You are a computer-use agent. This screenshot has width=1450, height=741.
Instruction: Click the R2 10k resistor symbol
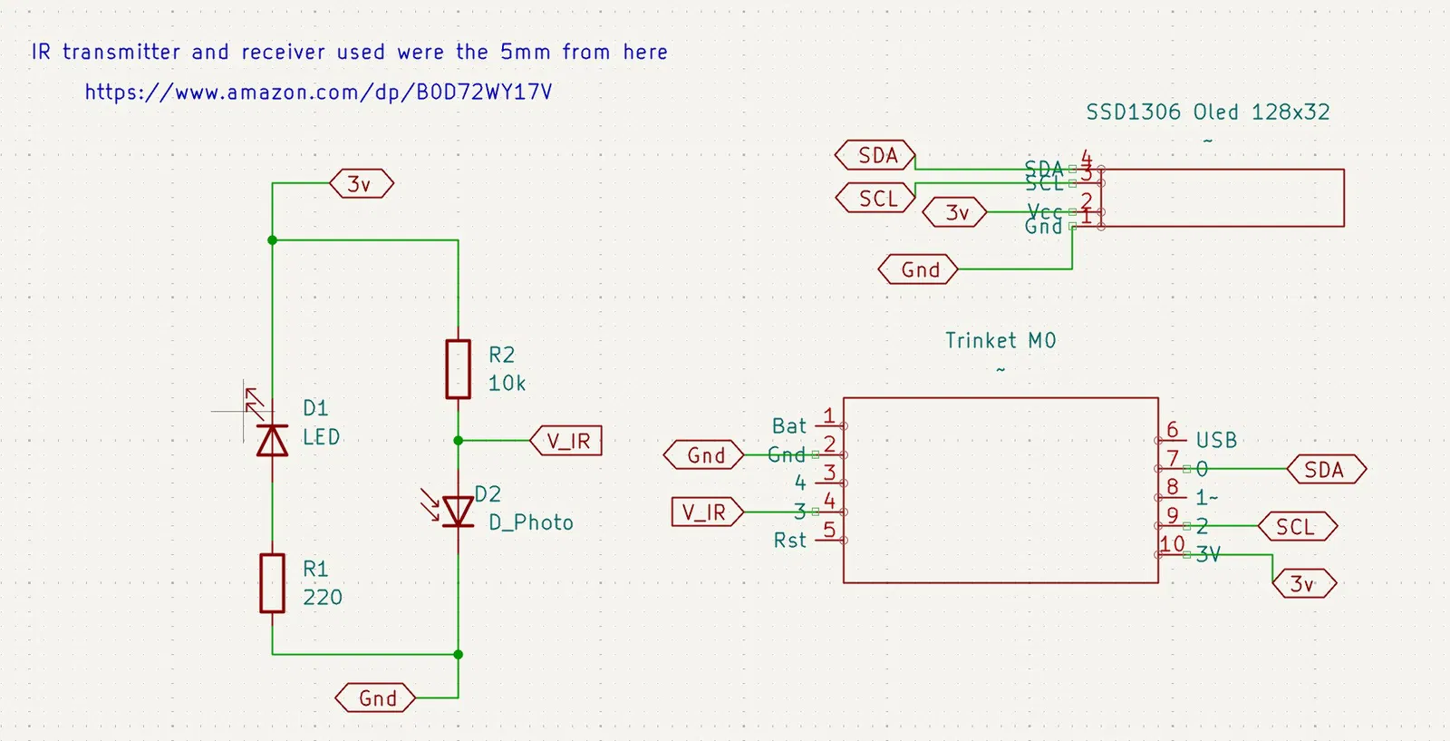[458, 369]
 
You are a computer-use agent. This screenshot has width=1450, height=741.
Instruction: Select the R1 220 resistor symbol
[272, 583]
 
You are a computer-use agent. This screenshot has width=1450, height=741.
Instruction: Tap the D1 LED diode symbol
[272, 440]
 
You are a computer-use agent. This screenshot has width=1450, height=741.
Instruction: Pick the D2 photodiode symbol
[458, 512]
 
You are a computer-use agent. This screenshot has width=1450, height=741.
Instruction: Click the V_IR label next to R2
[567, 441]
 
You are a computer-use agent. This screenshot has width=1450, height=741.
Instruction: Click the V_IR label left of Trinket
[705, 512]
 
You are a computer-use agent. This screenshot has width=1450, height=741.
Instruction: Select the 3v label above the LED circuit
[361, 184]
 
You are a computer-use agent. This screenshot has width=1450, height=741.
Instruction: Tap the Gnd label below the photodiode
[376, 698]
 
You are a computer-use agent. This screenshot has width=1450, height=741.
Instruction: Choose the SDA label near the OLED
[876, 156]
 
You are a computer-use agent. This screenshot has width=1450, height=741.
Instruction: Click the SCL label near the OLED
[876, 199]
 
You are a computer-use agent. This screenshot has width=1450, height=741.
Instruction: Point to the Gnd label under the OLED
[919, 269]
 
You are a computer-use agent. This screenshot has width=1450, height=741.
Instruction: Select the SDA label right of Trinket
[1325, 470]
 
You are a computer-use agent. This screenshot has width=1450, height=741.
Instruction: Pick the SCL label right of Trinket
[1296, 527]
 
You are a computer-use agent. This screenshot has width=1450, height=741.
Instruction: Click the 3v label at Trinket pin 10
[1303, 584]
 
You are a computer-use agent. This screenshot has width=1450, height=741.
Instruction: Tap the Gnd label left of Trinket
[705, 455]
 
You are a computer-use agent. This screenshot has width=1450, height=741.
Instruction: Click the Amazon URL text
[318, 92]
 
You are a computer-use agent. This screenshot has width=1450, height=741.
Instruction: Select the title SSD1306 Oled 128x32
[1208, 112]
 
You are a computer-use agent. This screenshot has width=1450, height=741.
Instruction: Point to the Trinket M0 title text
[1000, 341]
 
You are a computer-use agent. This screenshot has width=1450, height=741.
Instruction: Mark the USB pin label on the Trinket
[1216, 441]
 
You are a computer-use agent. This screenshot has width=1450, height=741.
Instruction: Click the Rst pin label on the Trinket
[789, 541]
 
